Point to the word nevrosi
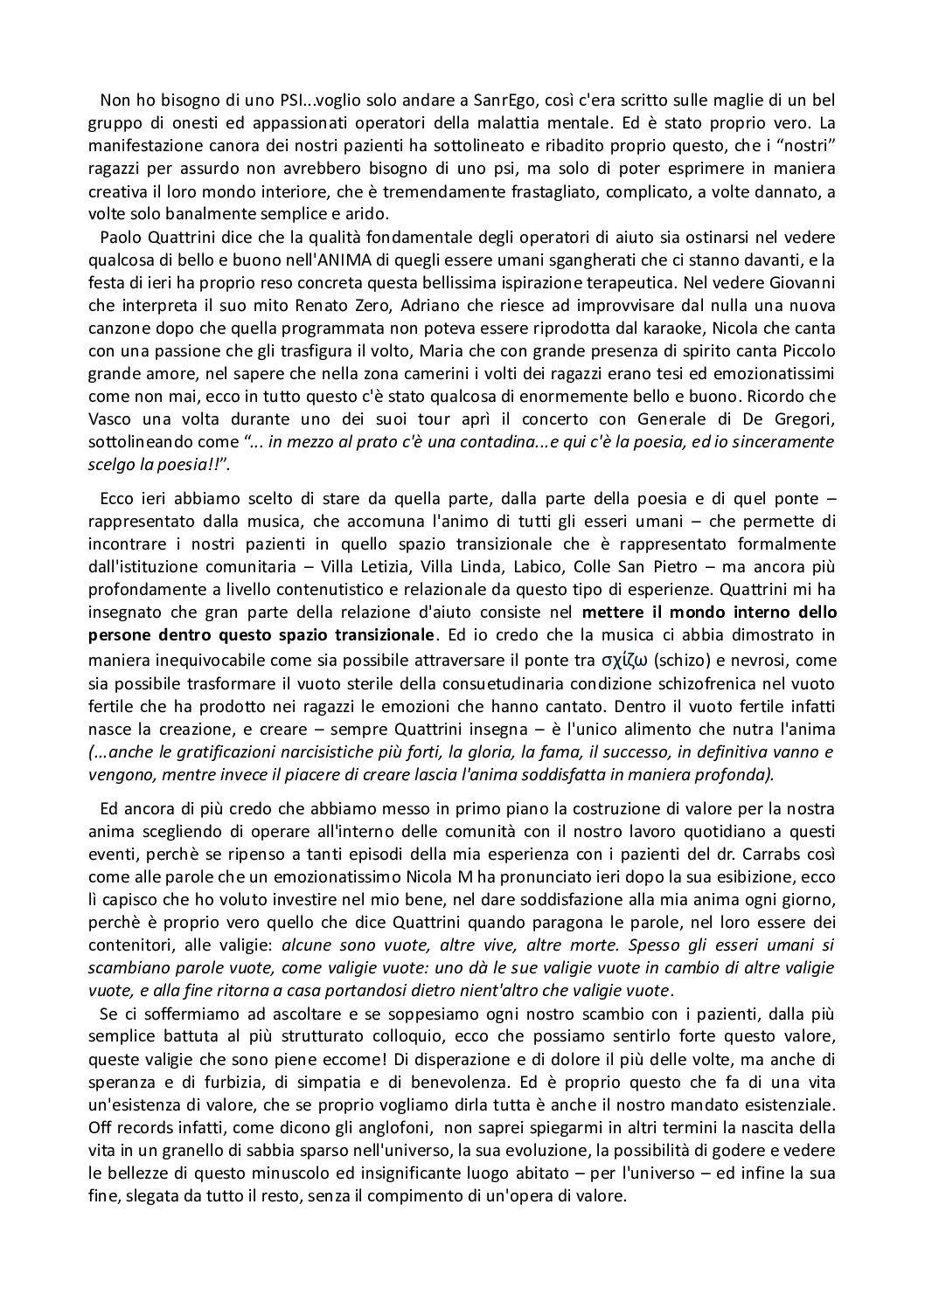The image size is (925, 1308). [767, 659]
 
